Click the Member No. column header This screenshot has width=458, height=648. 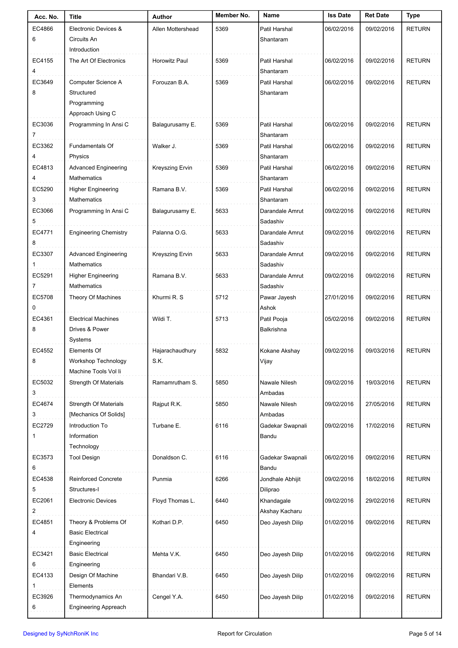click(232, 16)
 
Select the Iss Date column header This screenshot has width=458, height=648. click(339, 16)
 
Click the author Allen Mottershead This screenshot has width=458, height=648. click(175, 29)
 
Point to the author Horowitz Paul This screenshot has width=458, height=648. click(170, 61)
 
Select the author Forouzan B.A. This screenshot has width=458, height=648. click(170, 82)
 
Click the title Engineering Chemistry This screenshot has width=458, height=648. click(98, 233)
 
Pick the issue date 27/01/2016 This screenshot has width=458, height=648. click(339, 298)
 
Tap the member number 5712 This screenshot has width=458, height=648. click(222, 298)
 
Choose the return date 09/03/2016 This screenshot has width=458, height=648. click(380, 351)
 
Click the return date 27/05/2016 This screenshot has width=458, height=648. click(380, 404)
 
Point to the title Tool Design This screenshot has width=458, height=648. click(84, 458)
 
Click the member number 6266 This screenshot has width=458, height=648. click(222, 479)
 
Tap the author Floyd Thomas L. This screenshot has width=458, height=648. click(173, 501)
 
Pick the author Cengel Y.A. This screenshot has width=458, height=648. click(168, 597)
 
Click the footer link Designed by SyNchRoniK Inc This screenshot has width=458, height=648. click(61, 634)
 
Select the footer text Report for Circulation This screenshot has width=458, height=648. click(244, 634)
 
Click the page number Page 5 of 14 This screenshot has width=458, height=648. click(425, 634)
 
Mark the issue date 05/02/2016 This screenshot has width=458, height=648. click(339, 319)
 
